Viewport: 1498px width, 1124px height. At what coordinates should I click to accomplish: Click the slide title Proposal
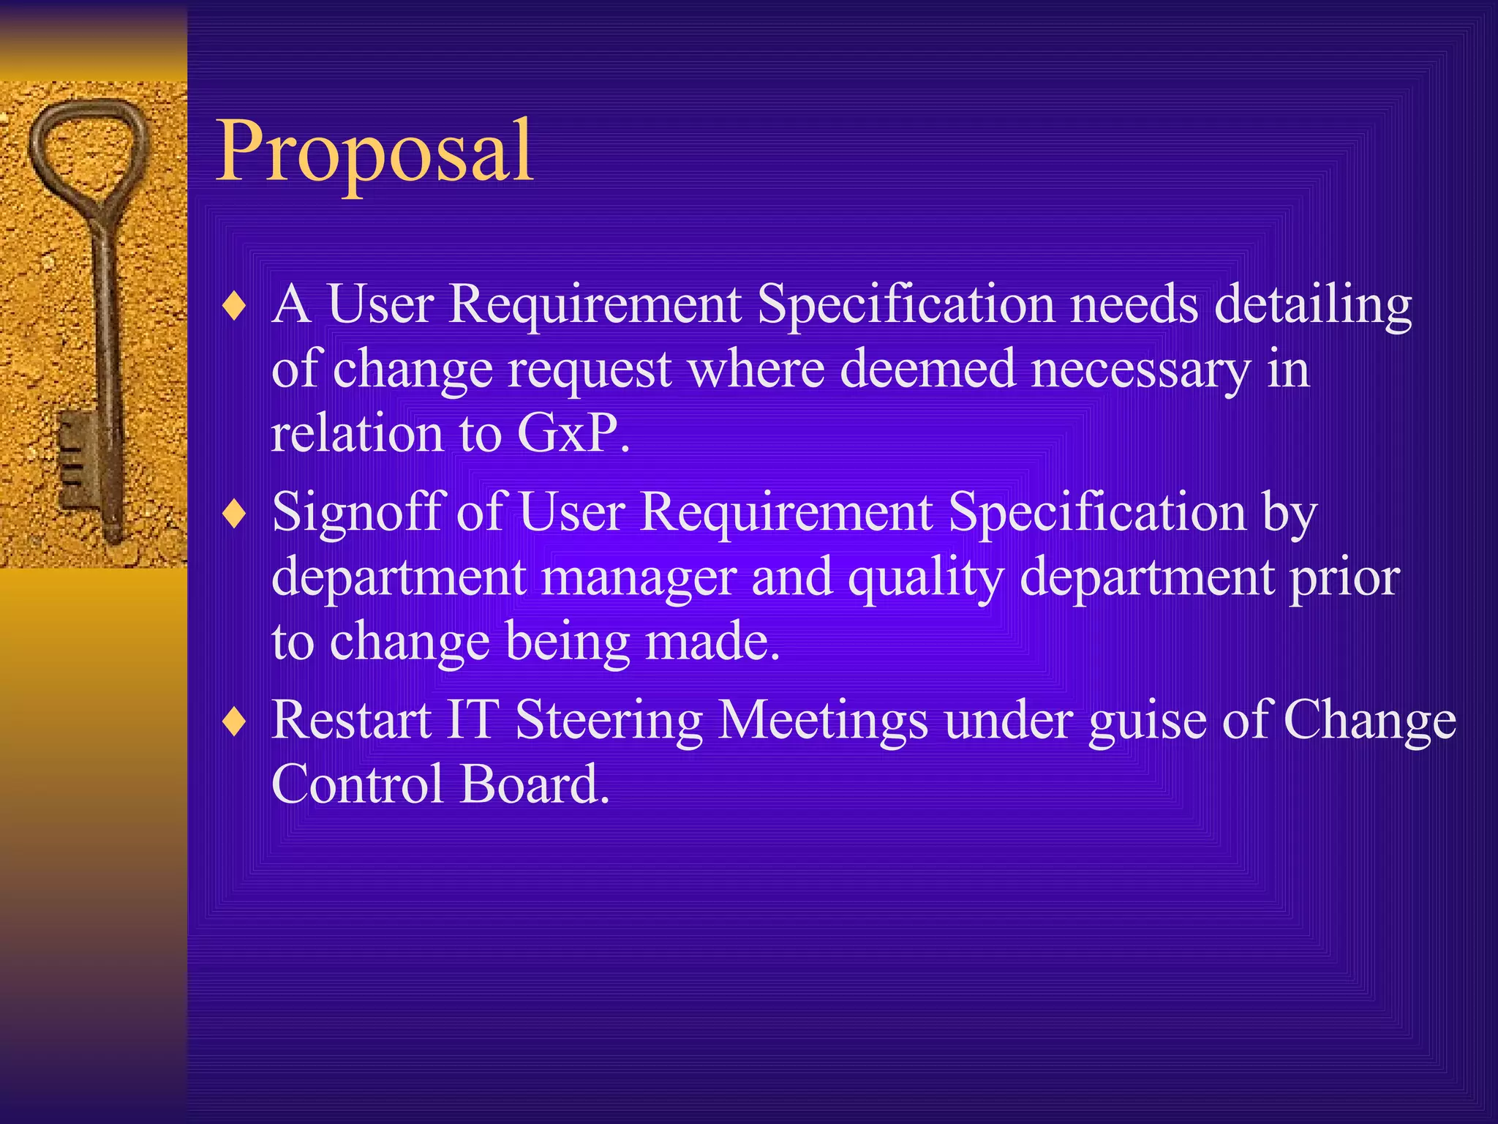[x=375, y=151]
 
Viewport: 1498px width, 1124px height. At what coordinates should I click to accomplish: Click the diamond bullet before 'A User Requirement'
[x=234, y=306]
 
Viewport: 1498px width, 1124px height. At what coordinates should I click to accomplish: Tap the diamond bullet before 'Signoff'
[x=234, y=514]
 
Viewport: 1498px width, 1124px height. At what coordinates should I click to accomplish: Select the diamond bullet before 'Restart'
[x=234, y=722]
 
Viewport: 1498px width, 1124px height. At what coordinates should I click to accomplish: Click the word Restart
[x=351, y=720]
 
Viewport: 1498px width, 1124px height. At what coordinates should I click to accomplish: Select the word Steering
[x=609, y=722]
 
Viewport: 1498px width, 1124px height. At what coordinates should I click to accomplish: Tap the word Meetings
[x=823, y=722]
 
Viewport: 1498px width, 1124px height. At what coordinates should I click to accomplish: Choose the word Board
[x=534, y=784]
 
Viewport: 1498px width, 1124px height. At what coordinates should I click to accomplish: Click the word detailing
[x=1313, y=304]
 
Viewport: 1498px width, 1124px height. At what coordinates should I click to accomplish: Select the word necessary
[x=1140, y=370]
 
